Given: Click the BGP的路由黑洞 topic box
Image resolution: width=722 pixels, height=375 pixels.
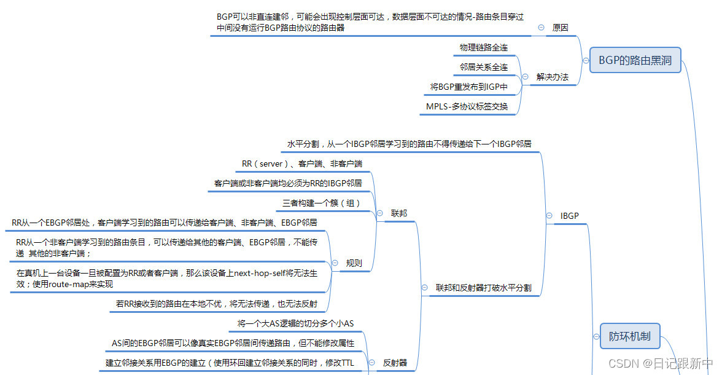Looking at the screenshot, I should click(635, 60).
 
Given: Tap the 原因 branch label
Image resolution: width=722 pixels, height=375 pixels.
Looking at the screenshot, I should click(560, 28).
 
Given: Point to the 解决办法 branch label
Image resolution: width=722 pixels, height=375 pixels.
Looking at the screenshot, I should click(553, 77).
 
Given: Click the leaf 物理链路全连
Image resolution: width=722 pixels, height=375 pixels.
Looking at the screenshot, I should click(484, 47).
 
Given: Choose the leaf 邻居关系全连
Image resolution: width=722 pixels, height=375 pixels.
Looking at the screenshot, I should click(484, 67).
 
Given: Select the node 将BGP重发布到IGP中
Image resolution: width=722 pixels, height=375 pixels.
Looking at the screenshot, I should click(469, 87).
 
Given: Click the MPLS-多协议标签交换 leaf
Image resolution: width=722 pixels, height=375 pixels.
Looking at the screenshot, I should click(467, 106).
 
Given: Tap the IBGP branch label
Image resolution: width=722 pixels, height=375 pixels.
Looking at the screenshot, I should click(570, 216).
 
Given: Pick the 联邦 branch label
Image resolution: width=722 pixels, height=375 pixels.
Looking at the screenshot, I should click(399, 213).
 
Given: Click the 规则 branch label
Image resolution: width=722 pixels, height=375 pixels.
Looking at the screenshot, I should click(354, 263).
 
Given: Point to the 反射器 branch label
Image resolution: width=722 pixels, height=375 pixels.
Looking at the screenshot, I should click(395, 363).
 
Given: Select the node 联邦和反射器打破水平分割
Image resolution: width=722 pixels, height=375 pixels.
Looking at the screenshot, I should click(484, 287).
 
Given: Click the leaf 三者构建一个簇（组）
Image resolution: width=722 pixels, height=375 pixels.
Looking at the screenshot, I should click(321, 203).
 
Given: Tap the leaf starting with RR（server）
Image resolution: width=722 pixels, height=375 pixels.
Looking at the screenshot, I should click(302, 164).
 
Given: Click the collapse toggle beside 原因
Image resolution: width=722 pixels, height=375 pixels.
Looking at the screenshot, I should click(541, 28).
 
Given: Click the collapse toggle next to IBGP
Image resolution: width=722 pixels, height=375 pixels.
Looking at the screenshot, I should click(549, 216).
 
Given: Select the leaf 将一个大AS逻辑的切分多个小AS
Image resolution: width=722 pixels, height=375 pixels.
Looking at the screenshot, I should click(295, 323).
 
